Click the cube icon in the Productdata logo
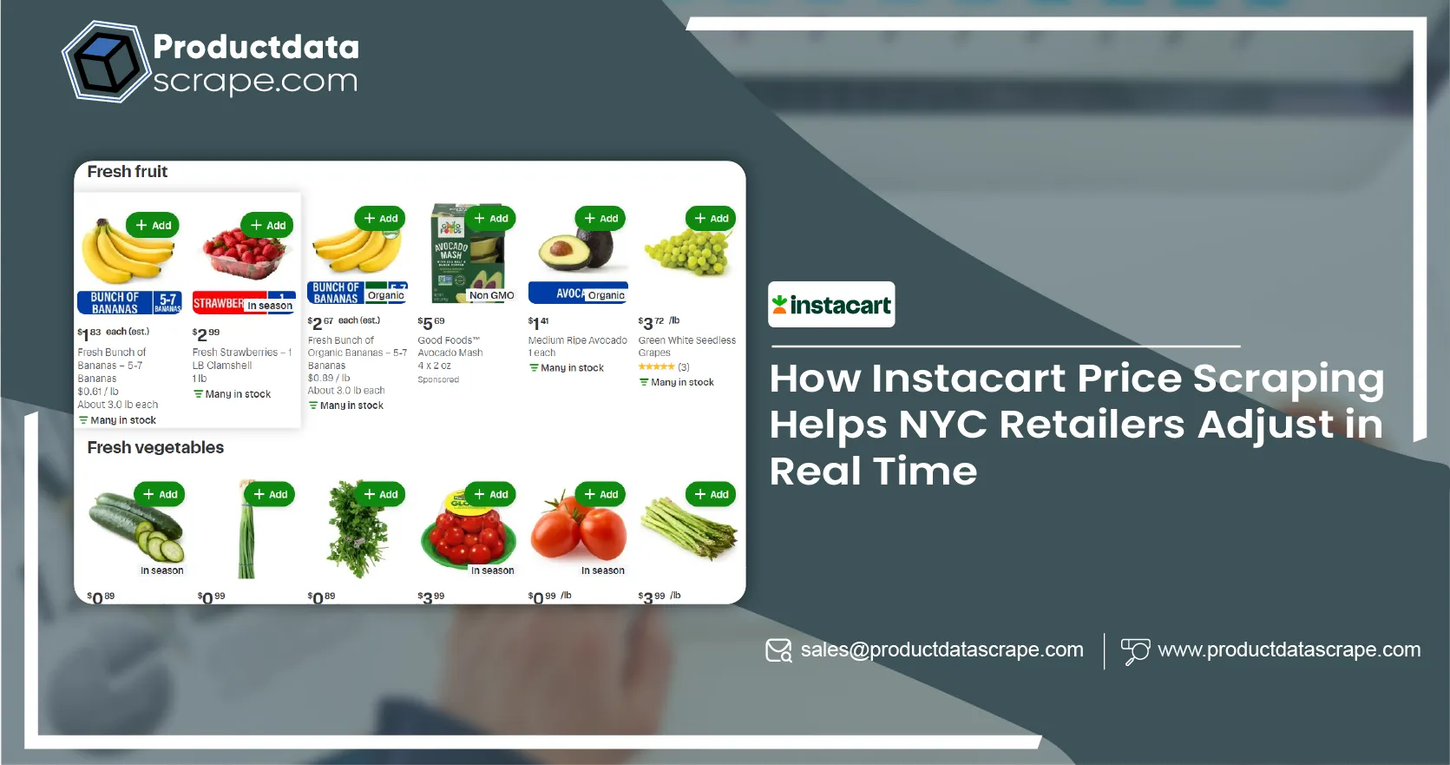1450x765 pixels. click(x=106, y=62)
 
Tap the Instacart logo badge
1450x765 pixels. click(x=830, y=305)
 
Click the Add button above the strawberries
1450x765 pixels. click(x=267, y=225)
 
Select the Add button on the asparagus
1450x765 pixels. click(x=711, y=494)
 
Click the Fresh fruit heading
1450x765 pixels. click(x=128, y=172)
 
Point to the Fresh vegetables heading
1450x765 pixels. click(x=155, y=448)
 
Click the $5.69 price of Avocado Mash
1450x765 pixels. click(x=431, y=322)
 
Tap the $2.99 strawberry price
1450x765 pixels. click(x=206, y=333)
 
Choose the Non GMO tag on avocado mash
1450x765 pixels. click(x=491, y=295)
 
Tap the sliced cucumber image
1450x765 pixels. click(x=138, y=526)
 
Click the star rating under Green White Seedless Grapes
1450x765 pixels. click(x=657, y=367)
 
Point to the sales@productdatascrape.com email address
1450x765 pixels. click(x=942, y=650)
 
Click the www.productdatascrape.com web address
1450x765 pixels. click(x=1289, y=650)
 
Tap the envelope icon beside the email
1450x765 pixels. click(x=778, y=650)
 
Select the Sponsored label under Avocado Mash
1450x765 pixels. click(x=438, y=379)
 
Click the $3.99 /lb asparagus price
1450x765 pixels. click(x=659, y=597)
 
